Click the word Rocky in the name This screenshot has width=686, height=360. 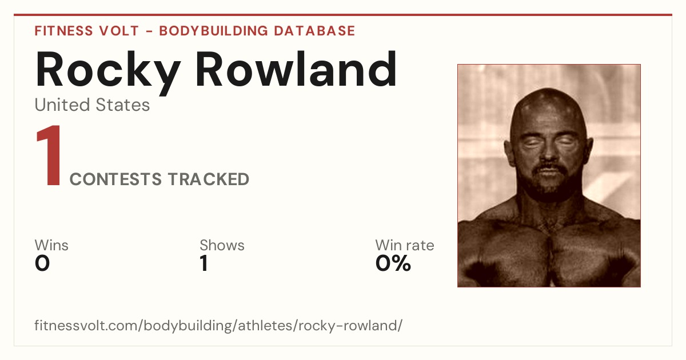(x=108, y=72)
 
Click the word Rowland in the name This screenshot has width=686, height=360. (x=296, y=69)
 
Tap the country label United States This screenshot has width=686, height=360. (x=92, y=105)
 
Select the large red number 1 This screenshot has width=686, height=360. (x=49, y=155)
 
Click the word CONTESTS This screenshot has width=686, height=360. (x=115, y=179)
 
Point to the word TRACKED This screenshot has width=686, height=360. (x=209, y=179)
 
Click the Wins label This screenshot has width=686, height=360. (x=51, y=245)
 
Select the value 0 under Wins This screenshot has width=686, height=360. (x=42, y=263)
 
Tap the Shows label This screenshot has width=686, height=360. (x=222, y=245)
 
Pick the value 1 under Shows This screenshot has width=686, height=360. (x=204, y=263)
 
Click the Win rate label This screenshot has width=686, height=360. (x=405, y=245)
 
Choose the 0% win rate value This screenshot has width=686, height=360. (x=393, y=263)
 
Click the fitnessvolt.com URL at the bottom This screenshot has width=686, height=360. (x=218, y=325)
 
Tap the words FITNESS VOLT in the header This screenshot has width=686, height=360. (x=87, y=31)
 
